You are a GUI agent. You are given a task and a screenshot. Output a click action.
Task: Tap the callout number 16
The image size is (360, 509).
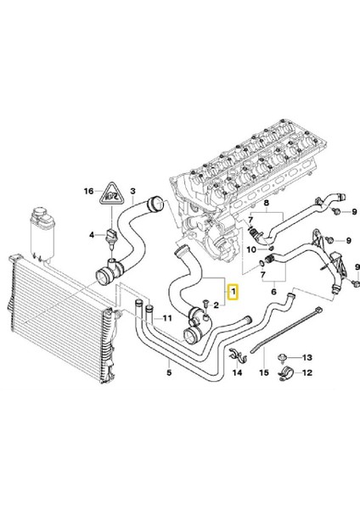87,193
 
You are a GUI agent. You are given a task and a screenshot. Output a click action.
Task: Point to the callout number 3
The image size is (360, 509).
133,193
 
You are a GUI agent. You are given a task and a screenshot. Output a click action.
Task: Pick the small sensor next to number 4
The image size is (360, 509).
111,232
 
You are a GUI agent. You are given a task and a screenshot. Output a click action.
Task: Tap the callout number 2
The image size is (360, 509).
217,304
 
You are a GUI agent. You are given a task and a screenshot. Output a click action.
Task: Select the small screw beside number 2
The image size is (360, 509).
205,307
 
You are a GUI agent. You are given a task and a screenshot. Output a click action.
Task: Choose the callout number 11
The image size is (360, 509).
166,318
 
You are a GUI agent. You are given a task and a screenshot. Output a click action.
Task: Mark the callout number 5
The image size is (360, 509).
169,371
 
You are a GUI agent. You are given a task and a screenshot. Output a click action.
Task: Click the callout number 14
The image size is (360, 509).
238,372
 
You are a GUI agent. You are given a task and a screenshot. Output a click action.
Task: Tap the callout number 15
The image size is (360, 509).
263,372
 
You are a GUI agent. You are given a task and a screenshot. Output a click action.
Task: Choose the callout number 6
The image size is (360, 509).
273,290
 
